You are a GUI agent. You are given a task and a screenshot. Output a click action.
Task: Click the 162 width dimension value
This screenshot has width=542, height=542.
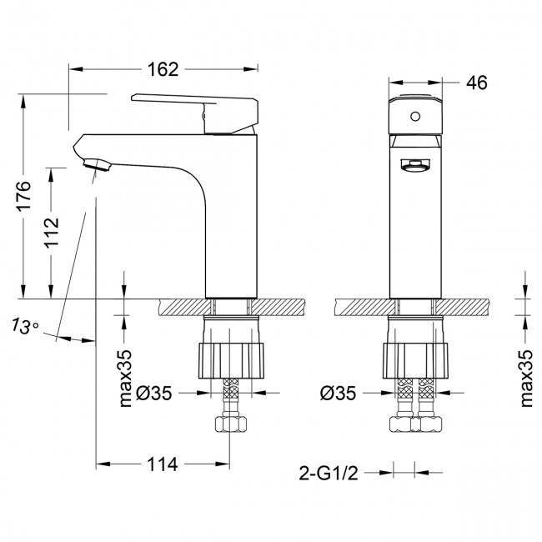click(x=163, y=69)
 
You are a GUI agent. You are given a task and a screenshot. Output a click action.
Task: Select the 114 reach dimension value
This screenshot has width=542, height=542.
click(x=163, y=464)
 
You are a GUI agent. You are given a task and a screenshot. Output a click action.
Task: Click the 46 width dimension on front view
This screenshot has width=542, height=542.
click(x=476, y=82)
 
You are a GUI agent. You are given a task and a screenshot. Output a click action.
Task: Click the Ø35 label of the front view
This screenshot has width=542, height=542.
click(x=340, y=393)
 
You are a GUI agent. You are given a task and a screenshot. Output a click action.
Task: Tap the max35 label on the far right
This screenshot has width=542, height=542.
click(x=525, y=378)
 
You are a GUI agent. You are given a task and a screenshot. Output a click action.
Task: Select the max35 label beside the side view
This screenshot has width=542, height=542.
click(x=126, y=378)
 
